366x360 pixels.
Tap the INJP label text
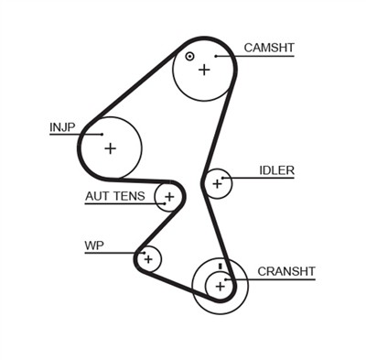click(61, 126)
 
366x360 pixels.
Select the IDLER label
click(276, 169)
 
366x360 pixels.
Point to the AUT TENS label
click(115, 196)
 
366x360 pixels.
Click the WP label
click(93, 245)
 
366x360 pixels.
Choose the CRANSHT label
click(285, 271)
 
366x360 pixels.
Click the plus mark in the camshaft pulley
click(203, 69)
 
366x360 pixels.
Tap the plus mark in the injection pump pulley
click(110, 147)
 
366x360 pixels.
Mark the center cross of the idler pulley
click(217, 184)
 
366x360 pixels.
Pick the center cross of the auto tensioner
click(168, 196)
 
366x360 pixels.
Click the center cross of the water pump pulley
click(147, 258)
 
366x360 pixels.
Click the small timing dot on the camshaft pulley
click(189, 56)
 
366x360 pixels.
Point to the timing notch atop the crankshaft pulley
click(221, 267)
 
